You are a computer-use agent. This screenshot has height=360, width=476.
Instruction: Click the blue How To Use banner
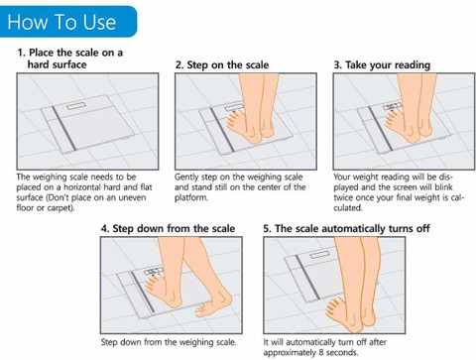[68, 22]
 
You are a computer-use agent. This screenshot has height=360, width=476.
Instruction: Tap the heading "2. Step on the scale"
[222, 64]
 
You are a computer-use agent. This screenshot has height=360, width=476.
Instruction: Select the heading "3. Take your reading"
[382, 65]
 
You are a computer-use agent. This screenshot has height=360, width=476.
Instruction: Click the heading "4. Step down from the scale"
[168, 228]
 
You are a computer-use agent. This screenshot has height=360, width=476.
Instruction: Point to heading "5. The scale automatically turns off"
[346, 228]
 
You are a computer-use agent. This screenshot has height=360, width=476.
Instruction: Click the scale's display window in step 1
[76, 106]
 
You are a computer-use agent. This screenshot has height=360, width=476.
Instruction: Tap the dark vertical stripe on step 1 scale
[64, 128]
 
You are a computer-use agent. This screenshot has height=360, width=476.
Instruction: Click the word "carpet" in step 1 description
[59, 208]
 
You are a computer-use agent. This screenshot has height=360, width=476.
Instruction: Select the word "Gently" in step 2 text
[186, 178]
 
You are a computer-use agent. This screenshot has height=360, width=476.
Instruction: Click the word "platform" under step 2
[190, 198]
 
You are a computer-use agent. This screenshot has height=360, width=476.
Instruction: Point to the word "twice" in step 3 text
[343, 197]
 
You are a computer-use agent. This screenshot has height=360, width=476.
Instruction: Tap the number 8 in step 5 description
[321, 352]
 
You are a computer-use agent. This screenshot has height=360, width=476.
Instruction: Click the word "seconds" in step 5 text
[342, 352]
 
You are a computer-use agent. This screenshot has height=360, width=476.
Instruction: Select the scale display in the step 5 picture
[320, 255]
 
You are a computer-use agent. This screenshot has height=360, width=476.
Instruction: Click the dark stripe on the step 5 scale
[307, 277]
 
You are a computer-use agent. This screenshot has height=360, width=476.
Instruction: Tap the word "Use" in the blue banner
[99, 22]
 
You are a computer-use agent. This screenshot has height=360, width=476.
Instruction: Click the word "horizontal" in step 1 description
[82, 187]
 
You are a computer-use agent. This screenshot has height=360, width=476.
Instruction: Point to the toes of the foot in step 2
[233, 119]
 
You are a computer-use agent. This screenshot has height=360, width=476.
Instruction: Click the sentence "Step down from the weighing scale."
[169, 342]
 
